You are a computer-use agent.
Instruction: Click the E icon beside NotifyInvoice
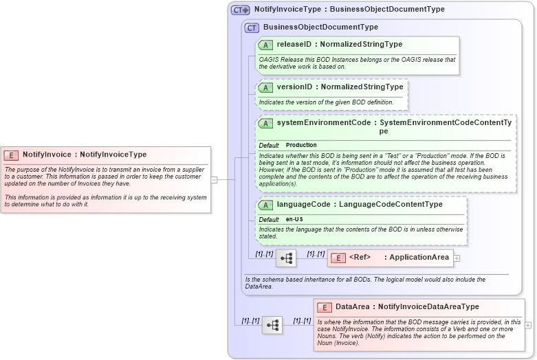coord(11,155)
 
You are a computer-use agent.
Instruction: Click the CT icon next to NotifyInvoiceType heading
coord(240,10)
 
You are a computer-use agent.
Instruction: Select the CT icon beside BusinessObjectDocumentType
coord(252,27)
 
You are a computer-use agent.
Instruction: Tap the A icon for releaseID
coord(265,45)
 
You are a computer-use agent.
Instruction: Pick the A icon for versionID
coord(265,88)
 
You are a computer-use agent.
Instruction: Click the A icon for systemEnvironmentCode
coord(265,124)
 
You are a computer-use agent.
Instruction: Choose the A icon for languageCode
coord(265,205)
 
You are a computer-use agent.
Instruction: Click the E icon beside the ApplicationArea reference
coord(338,258)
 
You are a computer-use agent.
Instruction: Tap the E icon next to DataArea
coord(324,307)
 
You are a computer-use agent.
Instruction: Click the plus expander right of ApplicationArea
coord(457,258)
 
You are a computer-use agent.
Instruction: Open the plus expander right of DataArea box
coord(528,324)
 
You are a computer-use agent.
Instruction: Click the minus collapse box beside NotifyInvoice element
coord(214,180)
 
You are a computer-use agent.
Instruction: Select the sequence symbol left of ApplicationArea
coord(286,258)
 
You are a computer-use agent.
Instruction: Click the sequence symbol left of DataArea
coord(272,325)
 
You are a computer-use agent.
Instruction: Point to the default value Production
coord(301,146)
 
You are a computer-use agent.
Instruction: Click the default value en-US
coord(294,219)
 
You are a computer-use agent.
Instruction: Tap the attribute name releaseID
coord(294,45)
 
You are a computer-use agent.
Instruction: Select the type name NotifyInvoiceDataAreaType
coord(428,306)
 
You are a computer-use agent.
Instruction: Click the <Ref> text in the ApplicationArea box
coord(360,258)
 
